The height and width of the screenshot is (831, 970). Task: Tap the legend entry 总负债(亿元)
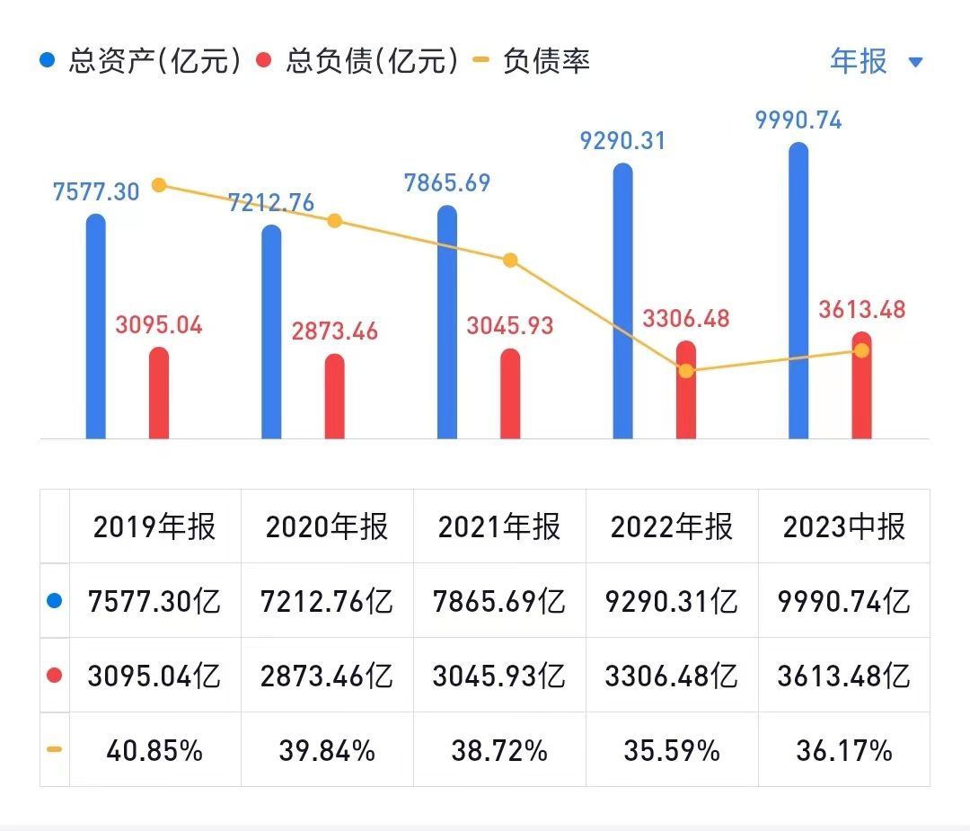[x=358, y=61]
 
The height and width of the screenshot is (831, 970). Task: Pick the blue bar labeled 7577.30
[x=96, y=327]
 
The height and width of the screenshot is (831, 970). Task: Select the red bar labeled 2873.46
[x=334, y=396]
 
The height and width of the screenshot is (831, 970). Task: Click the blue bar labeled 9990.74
[x=798, y=291]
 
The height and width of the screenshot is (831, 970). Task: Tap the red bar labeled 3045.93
[x=510, y=393]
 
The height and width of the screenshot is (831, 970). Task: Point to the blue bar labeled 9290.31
[x=622, y=302]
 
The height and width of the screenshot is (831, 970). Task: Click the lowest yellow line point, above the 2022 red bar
[x=686, y=370]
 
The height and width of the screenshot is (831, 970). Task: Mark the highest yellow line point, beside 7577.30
[x=159, y=185]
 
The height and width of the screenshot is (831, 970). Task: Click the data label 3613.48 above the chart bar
[x=862, y=310]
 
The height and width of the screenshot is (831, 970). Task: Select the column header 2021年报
[x=499, y=526]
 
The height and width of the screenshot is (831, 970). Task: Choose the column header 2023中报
[x=844, y=526]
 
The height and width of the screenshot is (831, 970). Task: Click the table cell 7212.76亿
[x=327, y=601]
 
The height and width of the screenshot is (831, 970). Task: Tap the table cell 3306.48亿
[x=672, y=676]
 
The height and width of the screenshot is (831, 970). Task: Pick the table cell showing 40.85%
[x=154, y=750]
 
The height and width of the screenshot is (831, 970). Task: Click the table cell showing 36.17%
[x=844, y=750]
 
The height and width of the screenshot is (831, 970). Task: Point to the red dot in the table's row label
[x=55, y=676]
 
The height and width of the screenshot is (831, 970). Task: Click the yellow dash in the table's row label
[x=55, y=749]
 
